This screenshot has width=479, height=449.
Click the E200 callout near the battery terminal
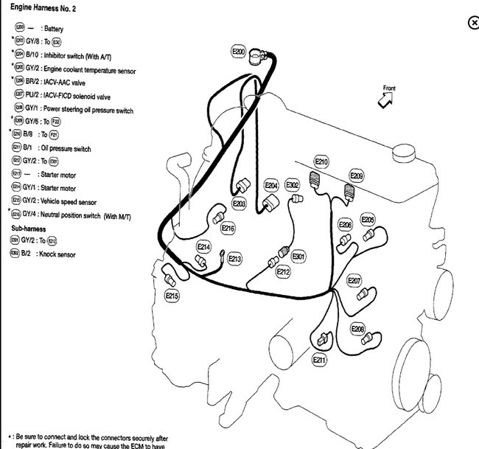click(237, 52)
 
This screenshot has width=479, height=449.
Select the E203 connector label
click(239, 203)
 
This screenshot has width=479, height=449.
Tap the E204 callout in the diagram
click(271, 185)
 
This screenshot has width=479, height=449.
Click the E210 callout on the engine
click(321, 161)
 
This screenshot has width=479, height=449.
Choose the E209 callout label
click(356, 176)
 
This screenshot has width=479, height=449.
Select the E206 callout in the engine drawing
click(345, 224)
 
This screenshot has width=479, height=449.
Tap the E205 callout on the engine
click(368, 220)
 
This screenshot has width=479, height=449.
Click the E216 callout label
click(228, 229)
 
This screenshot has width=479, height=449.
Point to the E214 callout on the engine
click(204, 247)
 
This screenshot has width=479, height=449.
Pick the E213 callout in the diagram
click(234, 259)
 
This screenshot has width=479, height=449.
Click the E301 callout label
click(298, 256)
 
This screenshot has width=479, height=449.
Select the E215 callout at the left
click(172, 295)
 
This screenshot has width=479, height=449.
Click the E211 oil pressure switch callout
click(319, 360)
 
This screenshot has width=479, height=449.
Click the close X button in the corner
click(473, 23)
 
